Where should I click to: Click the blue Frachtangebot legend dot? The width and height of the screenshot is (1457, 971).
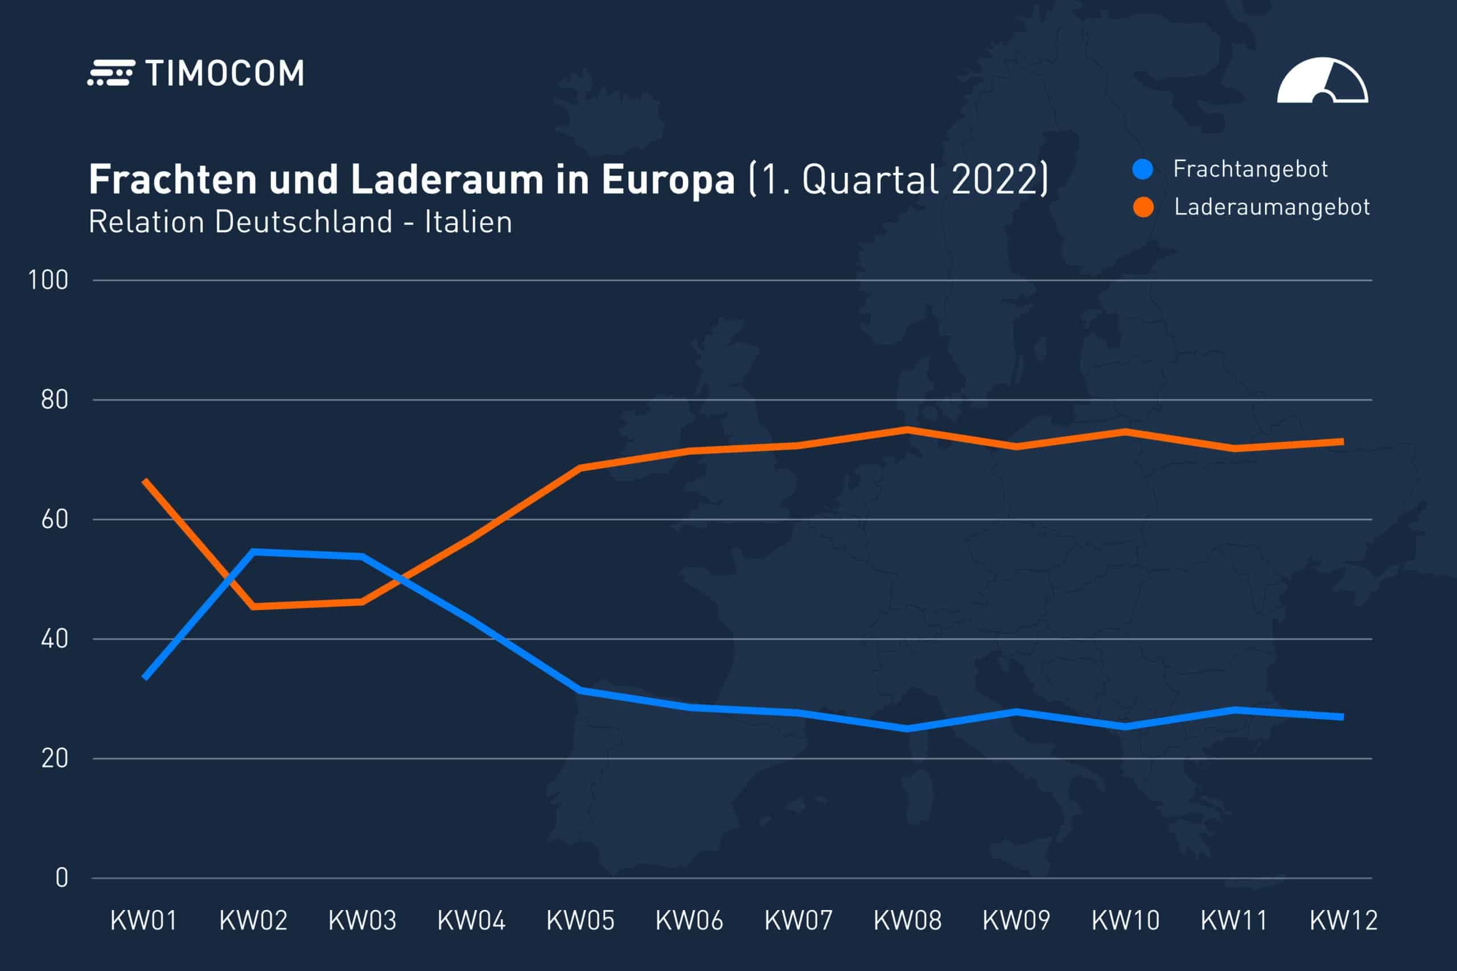(x=1142, y=169)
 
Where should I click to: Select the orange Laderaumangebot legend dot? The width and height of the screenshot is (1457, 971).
(x=1143, y=207)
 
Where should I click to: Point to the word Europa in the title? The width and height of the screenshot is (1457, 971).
(x=668, y=180)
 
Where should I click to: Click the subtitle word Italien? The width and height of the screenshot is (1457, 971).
(x=468, y=222)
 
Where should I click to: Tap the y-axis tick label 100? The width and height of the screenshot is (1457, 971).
(x=48, y=280)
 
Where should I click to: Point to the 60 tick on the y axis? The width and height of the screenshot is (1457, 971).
(x=55, y=519)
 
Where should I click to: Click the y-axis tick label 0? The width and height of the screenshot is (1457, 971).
(x=61, y=878)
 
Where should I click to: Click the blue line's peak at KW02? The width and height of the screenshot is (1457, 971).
(x=253, y=551)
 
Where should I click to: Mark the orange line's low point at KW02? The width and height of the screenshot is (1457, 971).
(x=253, y=607)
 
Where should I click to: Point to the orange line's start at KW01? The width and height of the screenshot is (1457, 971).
(x=145, y=481)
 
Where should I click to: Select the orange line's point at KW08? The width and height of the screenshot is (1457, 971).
(x=907, y=429)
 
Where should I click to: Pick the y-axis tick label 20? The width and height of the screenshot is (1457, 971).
(x=55, y=759)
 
